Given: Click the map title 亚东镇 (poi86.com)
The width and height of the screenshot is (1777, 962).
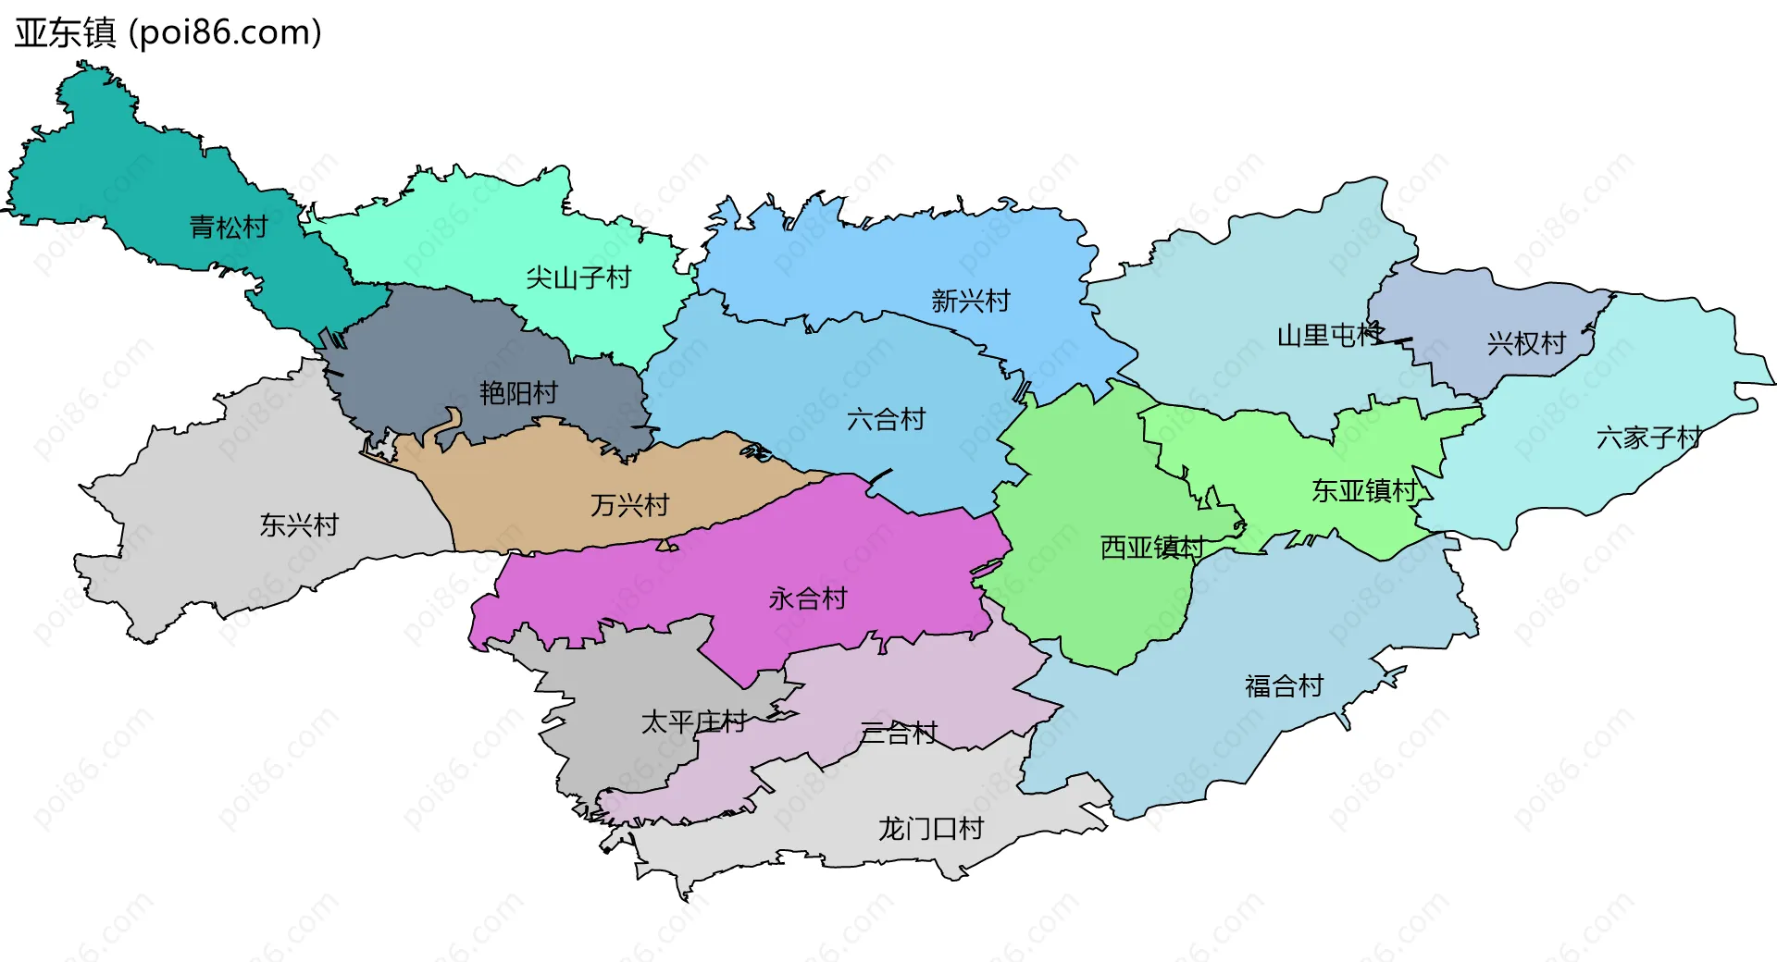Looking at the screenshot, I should (x=168, y=32).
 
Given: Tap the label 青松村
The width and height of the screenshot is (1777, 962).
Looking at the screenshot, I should (x=229, y=227).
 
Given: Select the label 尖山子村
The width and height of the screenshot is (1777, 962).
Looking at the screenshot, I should (x=578, y=277).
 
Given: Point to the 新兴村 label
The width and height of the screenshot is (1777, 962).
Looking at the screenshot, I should (x=970, y=301).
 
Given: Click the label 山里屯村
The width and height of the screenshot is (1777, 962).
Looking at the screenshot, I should (x=1330, y=335).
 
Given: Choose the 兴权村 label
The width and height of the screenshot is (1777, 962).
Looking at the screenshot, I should (x=1526, y=344).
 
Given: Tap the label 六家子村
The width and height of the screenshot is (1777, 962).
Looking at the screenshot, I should (x=1648, y=438).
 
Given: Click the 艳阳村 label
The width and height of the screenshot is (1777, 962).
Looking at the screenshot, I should (x=518, y=393).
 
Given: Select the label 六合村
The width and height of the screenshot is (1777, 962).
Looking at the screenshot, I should (x=886, y=420).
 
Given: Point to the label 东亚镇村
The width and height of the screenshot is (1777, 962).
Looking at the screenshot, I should (x=1364, y=490).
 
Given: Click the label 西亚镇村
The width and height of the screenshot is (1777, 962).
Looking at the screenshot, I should (x=1152, y=548).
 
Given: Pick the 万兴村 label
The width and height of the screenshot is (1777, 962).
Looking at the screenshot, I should (x=629, y=505).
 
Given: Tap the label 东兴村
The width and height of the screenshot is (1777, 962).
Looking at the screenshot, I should (x=299, y=525).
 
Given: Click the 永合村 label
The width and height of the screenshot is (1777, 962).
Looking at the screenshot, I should (x=807, y=598).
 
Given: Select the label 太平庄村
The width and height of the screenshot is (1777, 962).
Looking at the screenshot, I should (x=693, y=721).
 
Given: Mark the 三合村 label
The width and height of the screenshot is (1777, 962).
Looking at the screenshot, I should (x=899, y=734).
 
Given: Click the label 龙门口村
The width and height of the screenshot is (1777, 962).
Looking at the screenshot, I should (x=930, y=828).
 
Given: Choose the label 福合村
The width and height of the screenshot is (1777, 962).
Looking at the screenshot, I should (x=1284, y=686).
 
